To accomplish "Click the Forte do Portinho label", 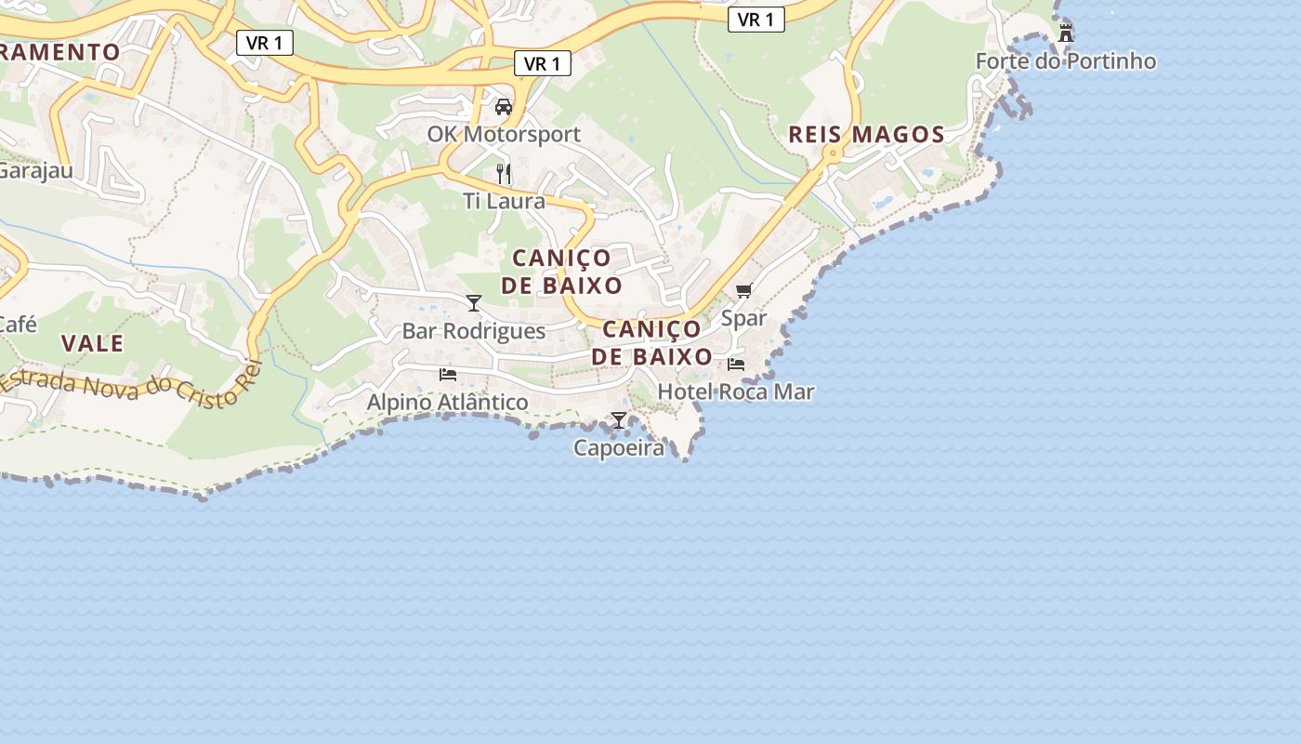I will pos(1065,61).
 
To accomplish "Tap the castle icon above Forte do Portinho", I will pos(1066,33).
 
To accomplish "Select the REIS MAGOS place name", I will pos(866,134).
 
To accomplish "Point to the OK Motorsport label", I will pos(504,134).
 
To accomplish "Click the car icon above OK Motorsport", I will pos(504,106).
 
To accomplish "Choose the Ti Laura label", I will pos(504,200).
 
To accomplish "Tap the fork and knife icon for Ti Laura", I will pos(504,173).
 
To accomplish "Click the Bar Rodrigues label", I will pos(473,331).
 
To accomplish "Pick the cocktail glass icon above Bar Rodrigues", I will pos(474,302).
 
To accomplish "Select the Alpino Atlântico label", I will pos(447,402).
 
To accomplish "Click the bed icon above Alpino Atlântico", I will pos(448,375).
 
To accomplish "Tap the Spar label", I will pos(743,318).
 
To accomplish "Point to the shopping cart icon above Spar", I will pos(743,291).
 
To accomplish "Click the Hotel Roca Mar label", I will pos(735,392).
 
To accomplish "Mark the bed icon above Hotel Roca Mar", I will pos(736,364).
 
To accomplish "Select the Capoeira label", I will pos(619,447).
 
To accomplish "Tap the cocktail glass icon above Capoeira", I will pos(619,420).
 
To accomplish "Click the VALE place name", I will pos(92,343).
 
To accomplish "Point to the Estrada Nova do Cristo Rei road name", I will pos(130,384).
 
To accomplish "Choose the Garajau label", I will pos(35,170).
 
